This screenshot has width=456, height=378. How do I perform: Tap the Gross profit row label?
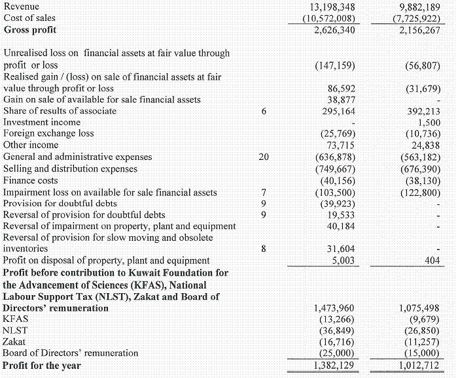coord(30,30)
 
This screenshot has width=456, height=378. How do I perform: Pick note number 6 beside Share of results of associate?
coord(263,111)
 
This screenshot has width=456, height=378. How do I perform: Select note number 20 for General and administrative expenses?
coord(263,157)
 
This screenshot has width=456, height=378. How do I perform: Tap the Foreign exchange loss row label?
coord(48,133)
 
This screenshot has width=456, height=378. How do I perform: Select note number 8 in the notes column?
coord(263,249)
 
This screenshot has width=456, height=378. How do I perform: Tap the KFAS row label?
coord(16,319)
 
